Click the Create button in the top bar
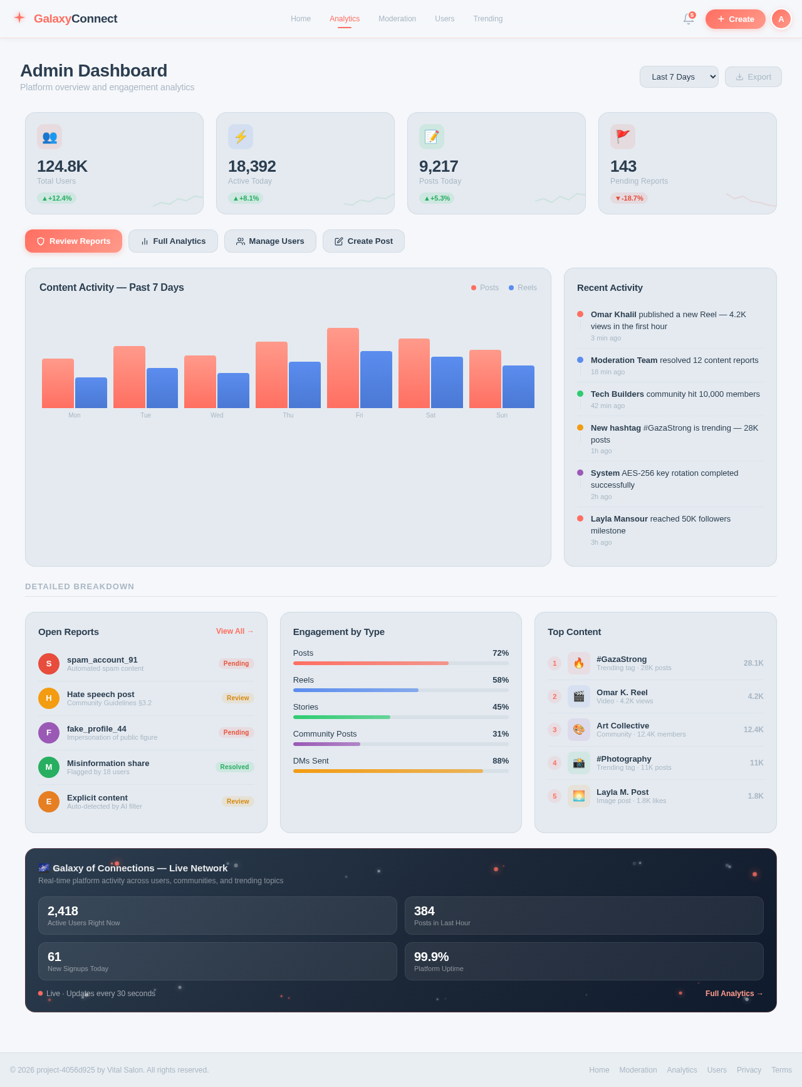(735, 19)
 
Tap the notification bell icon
(688, 19)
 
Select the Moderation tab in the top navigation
(397, 19)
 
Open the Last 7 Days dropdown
(679, 77)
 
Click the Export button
(753, 77)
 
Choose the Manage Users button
(270, 241)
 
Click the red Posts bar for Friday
(343, 368)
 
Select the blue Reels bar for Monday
(91, 393)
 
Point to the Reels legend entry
(523, 288)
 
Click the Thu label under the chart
(288, 415)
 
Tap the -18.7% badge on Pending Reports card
(628, 198)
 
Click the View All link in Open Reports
(234, 631)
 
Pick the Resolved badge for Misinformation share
(234, 767)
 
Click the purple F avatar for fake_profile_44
(49, 733)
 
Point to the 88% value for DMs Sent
(500, 761)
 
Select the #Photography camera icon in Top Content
(578, 763)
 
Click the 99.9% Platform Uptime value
(431, 957)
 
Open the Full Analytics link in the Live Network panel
(734, 994)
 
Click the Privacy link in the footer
(749, 1070)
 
